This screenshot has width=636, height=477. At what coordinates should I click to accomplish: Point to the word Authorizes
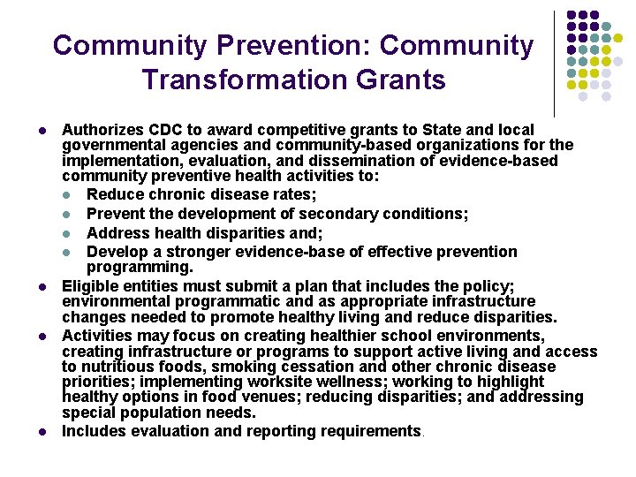pyautogui.click(x=98, y=129)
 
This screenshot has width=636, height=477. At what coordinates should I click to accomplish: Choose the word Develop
pyautogui.click(x=116, y=252)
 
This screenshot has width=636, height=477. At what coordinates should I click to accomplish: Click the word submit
pyautogui.click(x=246, y=285)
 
